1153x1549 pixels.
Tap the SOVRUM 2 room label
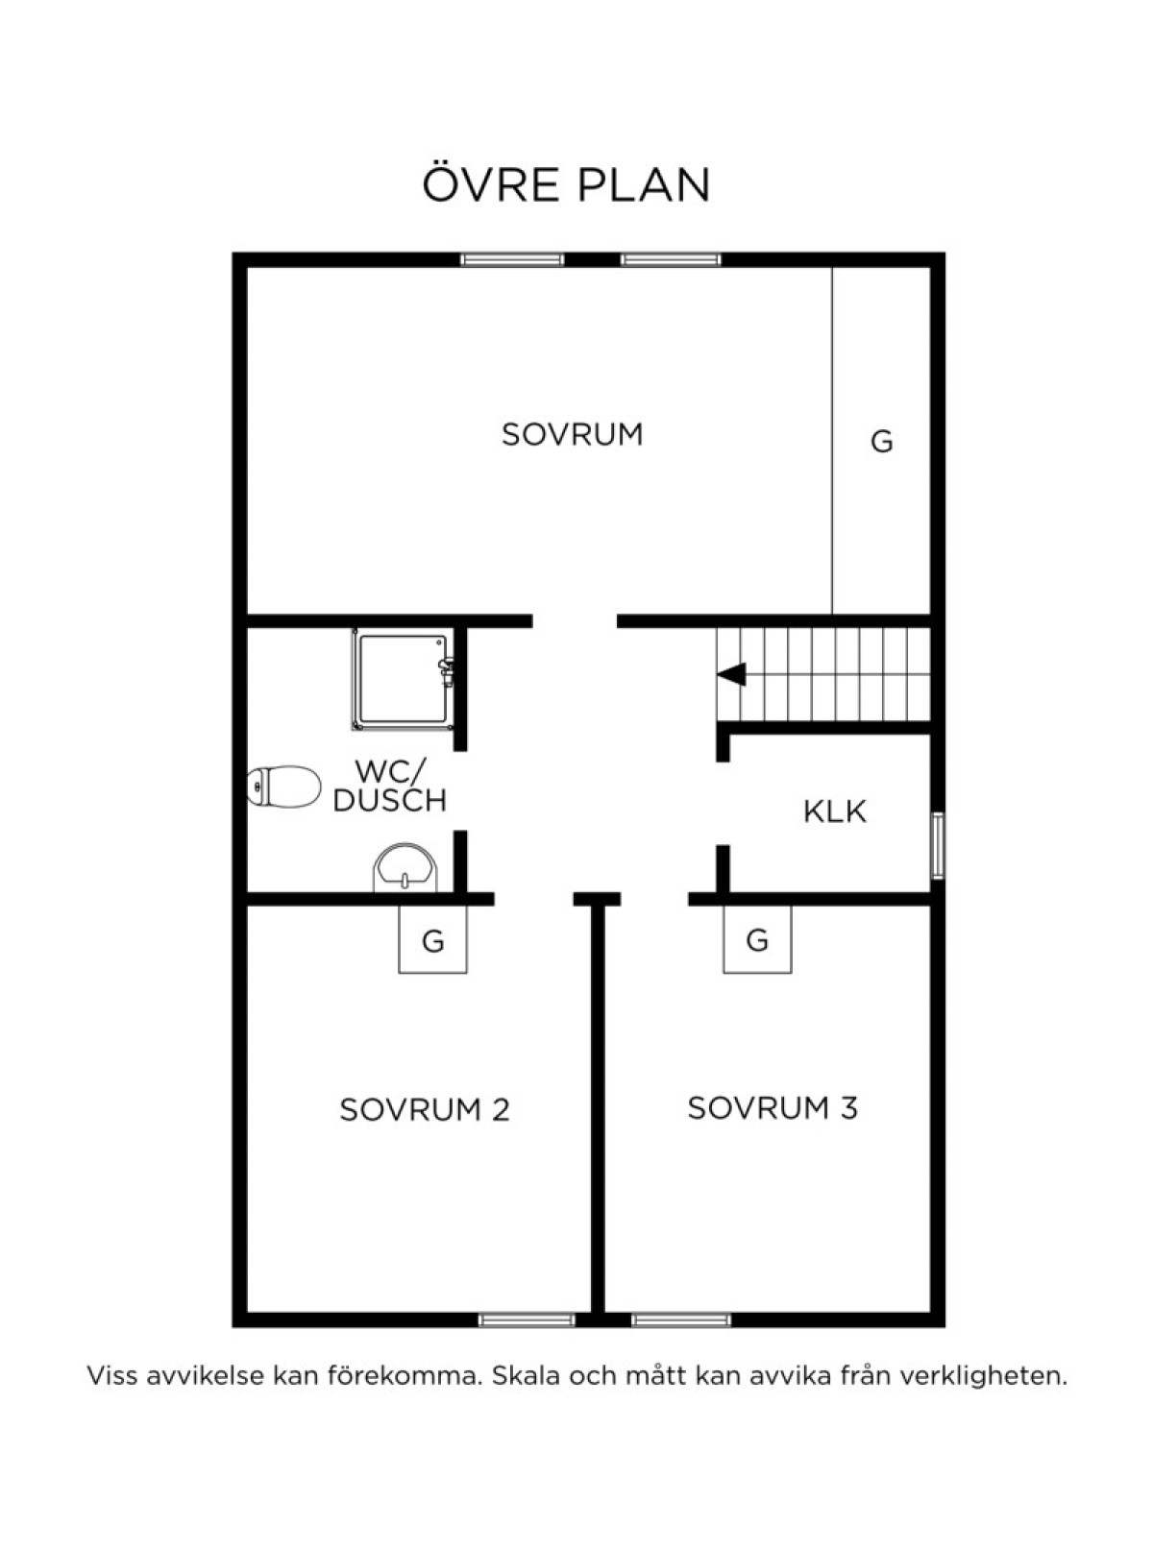pos(425,1109)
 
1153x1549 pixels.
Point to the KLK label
pos(835,811)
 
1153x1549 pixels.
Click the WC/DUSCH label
pos(390,787)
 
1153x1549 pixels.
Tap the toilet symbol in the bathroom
pos(283,787)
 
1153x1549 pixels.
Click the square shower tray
pos(403,679)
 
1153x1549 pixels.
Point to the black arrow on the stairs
pos(731,675)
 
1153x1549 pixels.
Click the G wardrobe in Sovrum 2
pos(432,939)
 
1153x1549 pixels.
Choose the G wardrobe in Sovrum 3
pos(757,939)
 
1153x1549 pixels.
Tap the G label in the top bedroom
pos(882,442)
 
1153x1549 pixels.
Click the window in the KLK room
pos(938,845)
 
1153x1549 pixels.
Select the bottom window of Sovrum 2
pos(527,1319)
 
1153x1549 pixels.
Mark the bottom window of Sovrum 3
pos(681,1319)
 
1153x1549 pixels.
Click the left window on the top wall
pos(512,260)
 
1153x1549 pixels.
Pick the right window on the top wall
pos(671,260)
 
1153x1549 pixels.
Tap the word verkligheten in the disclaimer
pos(984,1376)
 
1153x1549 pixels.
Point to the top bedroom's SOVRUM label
pos(573,434)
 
